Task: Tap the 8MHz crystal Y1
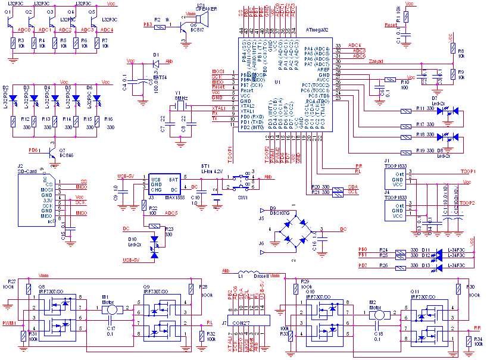(x=177, y=107)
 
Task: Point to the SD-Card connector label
(x=28, y=171)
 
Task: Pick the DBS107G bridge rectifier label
(x=279, y=213)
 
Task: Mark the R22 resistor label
(x=153, y=208)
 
